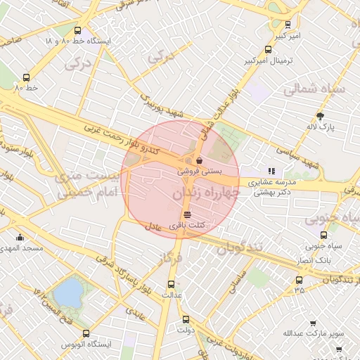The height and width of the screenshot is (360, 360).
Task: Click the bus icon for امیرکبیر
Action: point(288,24)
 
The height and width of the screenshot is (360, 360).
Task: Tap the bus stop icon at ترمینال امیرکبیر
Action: point(268,49)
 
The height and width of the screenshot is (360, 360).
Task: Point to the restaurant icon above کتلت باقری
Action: point(187,214)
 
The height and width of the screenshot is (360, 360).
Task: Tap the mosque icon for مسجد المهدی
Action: point(20,238)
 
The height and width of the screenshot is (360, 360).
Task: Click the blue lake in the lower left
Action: point(69,293)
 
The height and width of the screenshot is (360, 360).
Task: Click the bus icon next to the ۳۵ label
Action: point(300,280)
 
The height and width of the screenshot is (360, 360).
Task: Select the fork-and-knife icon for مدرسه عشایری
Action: point(271,171)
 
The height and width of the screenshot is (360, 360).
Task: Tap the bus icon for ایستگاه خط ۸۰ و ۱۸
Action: point(77,31)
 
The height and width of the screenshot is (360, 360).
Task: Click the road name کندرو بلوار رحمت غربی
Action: point(124,141)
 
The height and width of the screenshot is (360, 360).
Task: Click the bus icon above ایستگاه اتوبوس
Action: point(86,333)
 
